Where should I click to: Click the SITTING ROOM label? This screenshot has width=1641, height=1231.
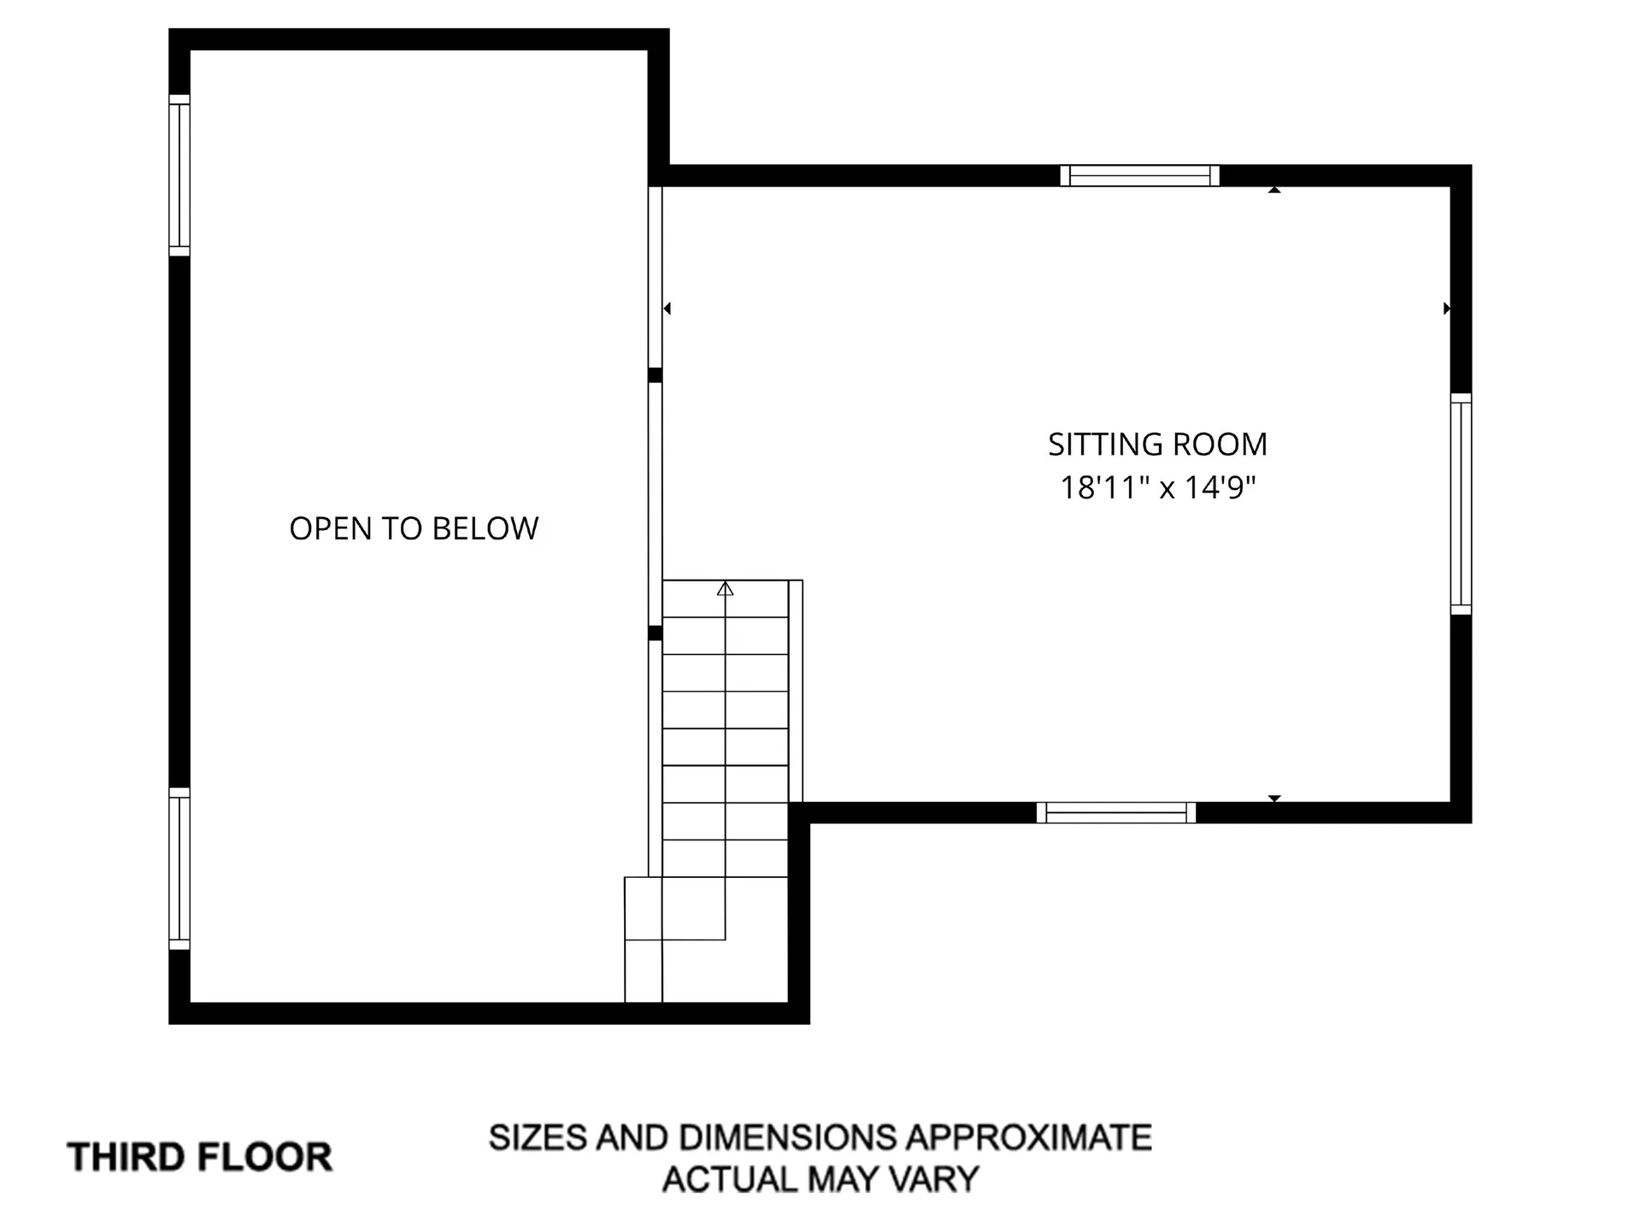tap(1157, 445)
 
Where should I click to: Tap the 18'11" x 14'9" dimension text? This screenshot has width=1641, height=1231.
tap(1157, 487)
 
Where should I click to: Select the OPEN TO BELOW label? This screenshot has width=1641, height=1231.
tap(414, 528)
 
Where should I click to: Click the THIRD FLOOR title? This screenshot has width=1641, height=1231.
tap(200, 1157)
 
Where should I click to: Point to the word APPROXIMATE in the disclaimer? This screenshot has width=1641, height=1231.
tap(1028, 1138)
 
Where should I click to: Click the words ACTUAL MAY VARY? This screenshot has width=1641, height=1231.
tap(820, 1180)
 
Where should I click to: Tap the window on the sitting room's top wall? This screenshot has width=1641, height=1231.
tap(1139, 176)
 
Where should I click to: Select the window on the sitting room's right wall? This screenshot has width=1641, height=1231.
tap(1461, 504)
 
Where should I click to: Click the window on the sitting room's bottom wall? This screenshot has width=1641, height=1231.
tap(1115, 813)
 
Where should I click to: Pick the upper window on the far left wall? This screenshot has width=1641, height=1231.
tap(179, 175)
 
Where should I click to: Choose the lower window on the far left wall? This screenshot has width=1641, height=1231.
tap(179, 869)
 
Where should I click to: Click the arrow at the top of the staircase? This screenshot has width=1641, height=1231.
tap(725, 588)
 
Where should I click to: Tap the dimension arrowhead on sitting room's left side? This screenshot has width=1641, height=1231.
tap(668, 309)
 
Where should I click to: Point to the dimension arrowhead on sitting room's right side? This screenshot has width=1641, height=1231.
tap(1446, 309)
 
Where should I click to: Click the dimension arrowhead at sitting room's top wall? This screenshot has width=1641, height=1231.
tap(1274, 190)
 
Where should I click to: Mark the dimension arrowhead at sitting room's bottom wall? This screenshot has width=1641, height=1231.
tap(1274, 798)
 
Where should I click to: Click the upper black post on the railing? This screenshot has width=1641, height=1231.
tap(656, 375)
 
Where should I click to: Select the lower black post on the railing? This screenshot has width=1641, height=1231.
tap(656, 633)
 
